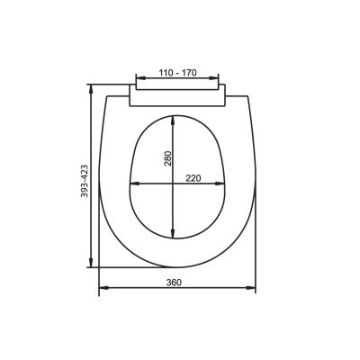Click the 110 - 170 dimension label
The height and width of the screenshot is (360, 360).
pos(177,73)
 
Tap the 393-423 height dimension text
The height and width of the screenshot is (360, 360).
pos(85,181)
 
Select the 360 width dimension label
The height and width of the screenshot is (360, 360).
pos(174,283)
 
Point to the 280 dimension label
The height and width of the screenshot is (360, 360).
pos(167,158)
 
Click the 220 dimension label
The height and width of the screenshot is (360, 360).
pos(193,178)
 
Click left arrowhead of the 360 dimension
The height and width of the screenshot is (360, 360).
pos(103,288)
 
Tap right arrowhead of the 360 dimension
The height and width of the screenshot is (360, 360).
pos(251,288)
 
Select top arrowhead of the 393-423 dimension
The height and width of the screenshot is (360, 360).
pos(92,89)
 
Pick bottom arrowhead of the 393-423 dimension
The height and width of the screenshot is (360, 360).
pos(92,263)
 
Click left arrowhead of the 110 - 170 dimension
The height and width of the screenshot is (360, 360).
pos(140,78)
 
